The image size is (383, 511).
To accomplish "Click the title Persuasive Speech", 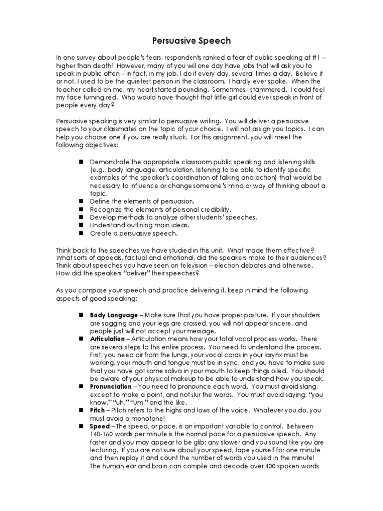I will (191, 41).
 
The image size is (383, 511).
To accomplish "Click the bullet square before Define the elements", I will (80, 201).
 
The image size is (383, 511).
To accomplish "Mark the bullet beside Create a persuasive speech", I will (80, 233).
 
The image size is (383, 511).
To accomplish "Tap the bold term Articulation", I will (107, 339).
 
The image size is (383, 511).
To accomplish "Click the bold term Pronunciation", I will (111, 387).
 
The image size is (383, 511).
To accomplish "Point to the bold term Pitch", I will (97, 410).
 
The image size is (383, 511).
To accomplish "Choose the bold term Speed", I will (99, 427).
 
